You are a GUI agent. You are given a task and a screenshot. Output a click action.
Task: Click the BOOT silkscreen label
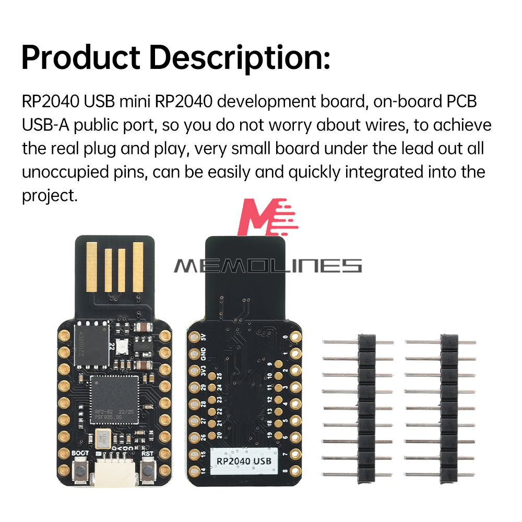click(x=80, y=453)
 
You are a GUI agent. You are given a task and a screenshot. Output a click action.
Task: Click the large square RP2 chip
click(x=114, y=399)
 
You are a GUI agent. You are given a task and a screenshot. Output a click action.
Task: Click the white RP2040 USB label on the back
click(x=244, y=461)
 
